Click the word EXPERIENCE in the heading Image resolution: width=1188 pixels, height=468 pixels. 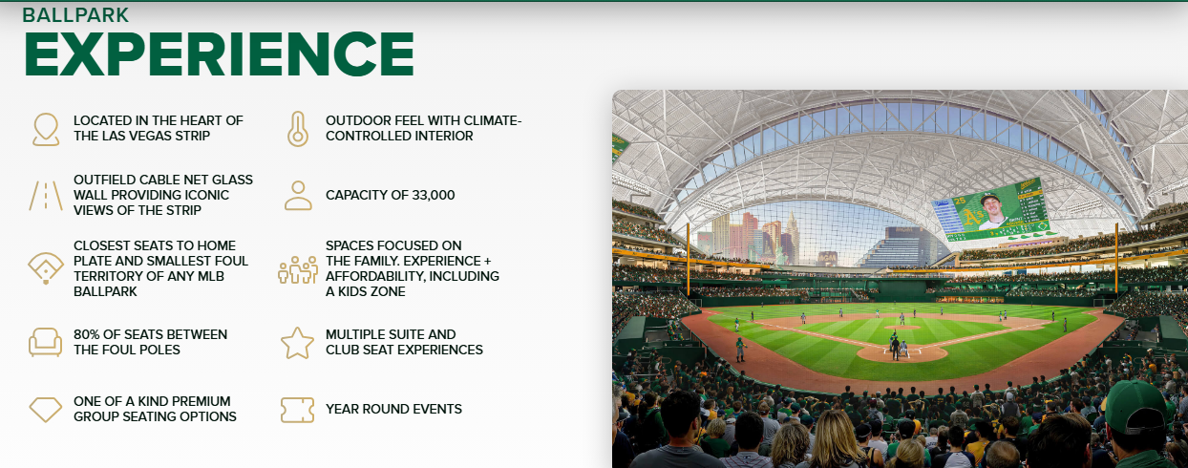219,53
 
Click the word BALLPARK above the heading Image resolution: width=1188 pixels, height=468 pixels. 75,15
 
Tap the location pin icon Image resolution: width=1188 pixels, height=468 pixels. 46,129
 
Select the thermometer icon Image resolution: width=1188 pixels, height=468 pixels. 298,129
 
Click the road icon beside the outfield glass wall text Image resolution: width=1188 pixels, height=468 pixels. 46,196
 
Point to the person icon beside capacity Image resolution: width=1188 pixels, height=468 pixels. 298,195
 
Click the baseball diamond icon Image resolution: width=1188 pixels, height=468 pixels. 46,268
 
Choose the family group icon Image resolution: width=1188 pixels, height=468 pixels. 298,269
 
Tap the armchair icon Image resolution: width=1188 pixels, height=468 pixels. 45,342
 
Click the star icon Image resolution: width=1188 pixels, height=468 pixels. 297,343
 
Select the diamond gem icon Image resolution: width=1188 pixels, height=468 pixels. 46,410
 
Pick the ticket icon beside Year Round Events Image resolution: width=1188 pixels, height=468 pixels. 297,410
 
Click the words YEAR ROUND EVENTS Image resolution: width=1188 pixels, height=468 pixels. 393,409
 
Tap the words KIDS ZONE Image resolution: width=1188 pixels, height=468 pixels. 371,291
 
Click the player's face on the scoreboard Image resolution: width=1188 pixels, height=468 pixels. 990,208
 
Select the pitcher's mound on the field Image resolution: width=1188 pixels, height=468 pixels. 902,328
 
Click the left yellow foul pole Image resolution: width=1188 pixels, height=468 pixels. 688,259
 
